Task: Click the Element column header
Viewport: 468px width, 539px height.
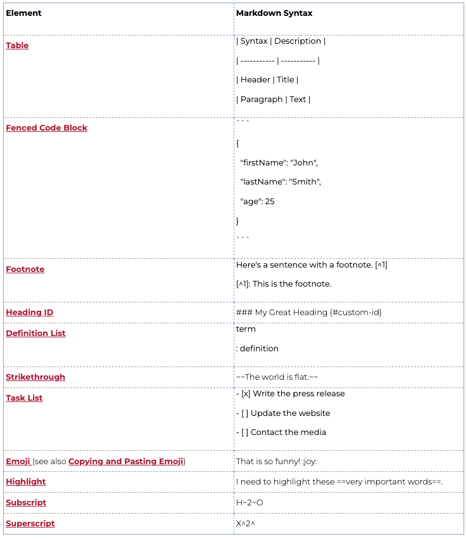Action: pyautogui.click(x=23, y=13)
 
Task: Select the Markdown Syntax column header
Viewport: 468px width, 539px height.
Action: pyautogui.click(x=274, y=13)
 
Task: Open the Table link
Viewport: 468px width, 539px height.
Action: pyautogui.click(x=17, y=46)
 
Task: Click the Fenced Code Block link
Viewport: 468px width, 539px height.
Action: pyautogui.click(x=46, y=128)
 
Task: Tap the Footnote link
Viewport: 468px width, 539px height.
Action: pyautogui.click(x=25, y=269)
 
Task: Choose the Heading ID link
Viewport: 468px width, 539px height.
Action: pyautogui.click(x=30, y=313)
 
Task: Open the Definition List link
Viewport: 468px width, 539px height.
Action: pyautogui.click(x=35, y=334)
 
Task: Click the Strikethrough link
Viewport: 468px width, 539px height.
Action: pyautogui.click(x=35, y=377)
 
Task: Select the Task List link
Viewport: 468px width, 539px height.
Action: pyautogui.click(x=24, y=398)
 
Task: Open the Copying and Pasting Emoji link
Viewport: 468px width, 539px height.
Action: pyautogui.click(x=126, y=462)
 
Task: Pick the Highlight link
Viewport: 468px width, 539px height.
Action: pyautogui.click(x=26, y=482)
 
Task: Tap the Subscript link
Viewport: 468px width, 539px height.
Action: pyautogui.click(x=26, y=503)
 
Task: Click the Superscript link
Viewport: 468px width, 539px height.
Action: pyautogui.click(x=30, y=524)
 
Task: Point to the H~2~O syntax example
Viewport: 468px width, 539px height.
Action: pyautogui.click(x=250, y=503)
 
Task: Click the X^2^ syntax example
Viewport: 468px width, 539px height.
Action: pyautogui.click(x=245, y=524)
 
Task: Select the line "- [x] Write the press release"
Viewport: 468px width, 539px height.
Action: pyautogui.click(x=290, y=394)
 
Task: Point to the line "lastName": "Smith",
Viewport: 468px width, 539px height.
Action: pyautogui.click(x=281, y=182)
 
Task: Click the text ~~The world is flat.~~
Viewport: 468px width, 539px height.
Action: pyautogui.click(x=277, y=377)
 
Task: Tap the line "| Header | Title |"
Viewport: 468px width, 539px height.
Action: pyautogui.click(x=267, y=80)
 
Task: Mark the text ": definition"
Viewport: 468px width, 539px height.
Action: pyautogui.click(x=257, y=349)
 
